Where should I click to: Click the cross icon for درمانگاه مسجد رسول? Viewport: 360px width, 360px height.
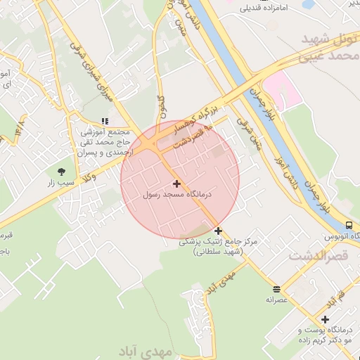pyautogui.click(x=176, y=183)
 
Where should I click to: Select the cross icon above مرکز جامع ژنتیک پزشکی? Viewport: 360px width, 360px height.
pyautogui.click(x=219, y=231)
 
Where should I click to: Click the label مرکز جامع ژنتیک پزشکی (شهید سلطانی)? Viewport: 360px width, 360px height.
pyautogui.click(x=219, y=246)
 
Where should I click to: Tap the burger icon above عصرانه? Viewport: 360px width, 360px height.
pyautogui.click(x=276, y=288)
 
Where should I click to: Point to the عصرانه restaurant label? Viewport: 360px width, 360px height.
pyautogui.click(x=276, y=300)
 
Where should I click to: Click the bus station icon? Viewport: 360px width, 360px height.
pyautogui.click(x=349, y=225)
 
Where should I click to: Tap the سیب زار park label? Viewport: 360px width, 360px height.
pyautogui.click(x=60, y=183)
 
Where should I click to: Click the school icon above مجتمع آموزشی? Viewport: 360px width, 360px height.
pyautogui.click(x=105, y=122)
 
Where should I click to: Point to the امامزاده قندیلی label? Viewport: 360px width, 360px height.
pyautogui.click(x=264, y=9)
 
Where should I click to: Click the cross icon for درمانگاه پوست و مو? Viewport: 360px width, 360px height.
pyautogui.click(x=325, y=319)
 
